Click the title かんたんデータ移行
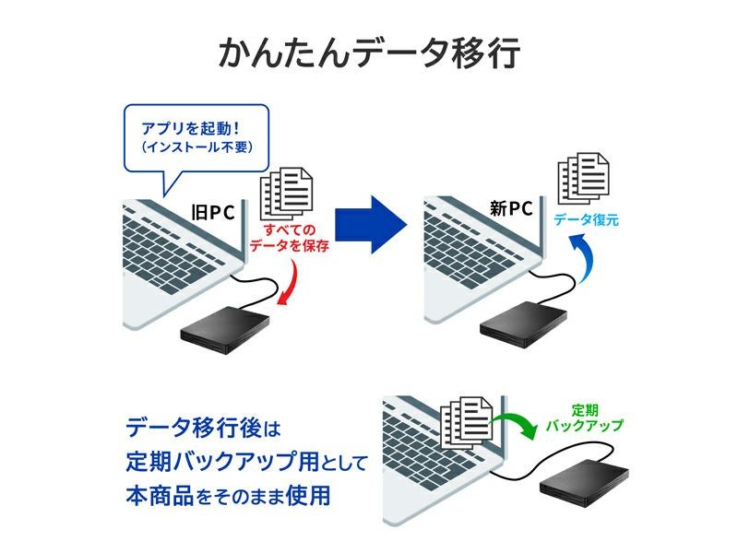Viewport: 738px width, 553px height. [369, 54]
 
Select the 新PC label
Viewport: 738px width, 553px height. [510, 208]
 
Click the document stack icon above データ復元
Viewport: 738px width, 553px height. [581, 177]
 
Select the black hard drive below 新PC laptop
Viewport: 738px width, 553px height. [522, 324]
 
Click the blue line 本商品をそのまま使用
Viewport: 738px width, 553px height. [227, 495]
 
